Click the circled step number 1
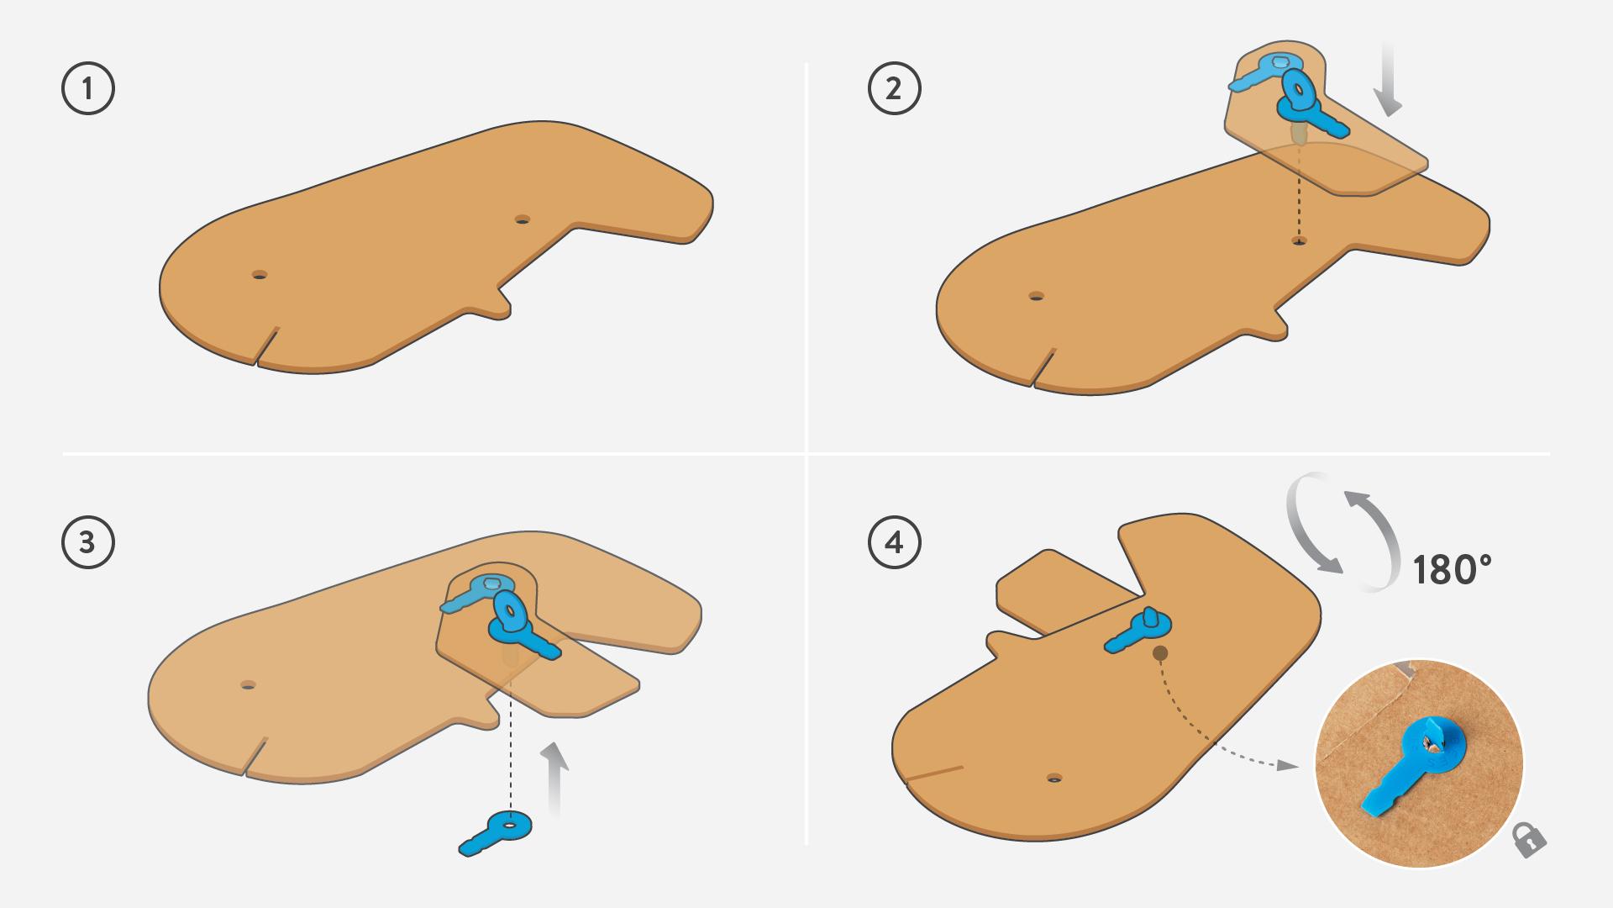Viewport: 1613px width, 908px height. click(88, 88)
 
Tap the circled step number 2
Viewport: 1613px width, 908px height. click(895, 88)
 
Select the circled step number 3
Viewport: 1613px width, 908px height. click(88, 542)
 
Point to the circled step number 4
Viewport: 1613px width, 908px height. click(895, 542)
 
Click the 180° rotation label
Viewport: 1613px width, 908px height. click(1452, 570)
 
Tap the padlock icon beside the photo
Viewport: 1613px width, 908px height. click(1529, 839)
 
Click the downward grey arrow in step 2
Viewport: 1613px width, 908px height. click(1389, 80)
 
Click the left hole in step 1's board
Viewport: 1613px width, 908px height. click(260, 275)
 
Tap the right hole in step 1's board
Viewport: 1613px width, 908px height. click(523, 219)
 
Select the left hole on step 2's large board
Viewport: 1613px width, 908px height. click(1037, 296)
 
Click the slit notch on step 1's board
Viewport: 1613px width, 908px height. click(266, 346)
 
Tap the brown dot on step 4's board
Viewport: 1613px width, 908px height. click(1160, 653)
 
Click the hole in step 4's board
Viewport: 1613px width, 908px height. click(1054, 779)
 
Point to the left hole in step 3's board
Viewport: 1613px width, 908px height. click(248, 685)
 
